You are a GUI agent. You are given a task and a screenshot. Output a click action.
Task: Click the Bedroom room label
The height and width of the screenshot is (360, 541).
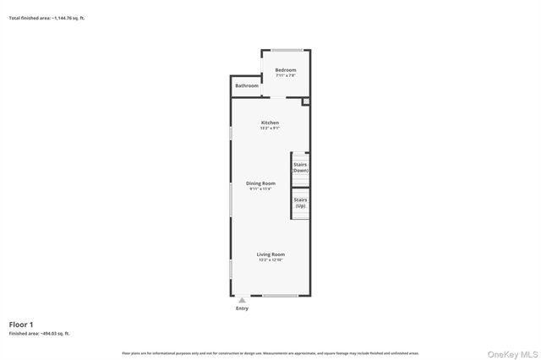286,69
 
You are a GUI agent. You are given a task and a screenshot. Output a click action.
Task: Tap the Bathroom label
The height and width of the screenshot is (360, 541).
247,85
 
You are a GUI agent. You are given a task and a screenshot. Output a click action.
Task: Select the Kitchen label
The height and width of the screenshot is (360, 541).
270,123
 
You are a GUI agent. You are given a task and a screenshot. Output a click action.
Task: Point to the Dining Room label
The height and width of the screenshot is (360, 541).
260,183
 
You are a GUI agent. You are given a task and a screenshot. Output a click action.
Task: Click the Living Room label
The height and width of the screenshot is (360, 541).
271,254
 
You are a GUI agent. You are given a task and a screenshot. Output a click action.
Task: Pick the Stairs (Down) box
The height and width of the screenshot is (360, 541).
300,166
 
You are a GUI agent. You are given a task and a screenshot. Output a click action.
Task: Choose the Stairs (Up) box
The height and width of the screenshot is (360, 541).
300,203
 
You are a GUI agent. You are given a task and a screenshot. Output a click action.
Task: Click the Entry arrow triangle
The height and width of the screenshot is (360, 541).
243,300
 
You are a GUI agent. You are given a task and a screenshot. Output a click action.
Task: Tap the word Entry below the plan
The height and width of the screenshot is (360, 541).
243,308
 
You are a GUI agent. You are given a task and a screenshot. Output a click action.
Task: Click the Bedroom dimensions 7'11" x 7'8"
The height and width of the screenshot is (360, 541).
286,75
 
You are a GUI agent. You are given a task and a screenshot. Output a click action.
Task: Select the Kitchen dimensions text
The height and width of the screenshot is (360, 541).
270,128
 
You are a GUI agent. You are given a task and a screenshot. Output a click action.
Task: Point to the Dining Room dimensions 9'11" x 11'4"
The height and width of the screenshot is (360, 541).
260,189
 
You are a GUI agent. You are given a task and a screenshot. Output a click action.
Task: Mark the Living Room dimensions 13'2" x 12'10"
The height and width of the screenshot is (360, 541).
271,260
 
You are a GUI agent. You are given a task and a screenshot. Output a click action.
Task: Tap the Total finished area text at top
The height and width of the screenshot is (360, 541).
46,18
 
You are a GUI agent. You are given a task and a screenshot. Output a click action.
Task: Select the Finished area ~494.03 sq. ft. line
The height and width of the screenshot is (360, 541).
40,334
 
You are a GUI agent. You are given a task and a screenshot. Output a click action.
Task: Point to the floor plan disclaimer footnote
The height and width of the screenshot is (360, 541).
270,353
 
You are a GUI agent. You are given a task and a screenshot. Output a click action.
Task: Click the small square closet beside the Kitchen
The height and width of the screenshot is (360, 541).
306,102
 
